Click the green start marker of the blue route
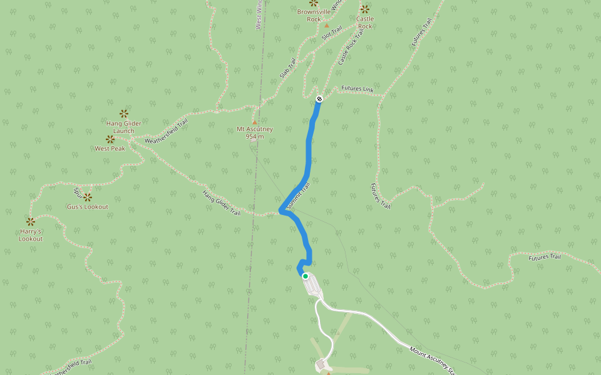click(306, 276)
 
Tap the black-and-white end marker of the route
click(319, 99)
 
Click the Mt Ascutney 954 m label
click(255, 133)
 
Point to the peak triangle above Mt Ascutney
click(255, 122)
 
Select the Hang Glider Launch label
click(124, 127)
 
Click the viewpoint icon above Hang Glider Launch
click(124, 113)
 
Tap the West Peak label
click(110, 149)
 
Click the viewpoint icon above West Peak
click(110, 139)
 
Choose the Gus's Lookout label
click(88, 207)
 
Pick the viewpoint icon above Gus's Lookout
click(88, 197)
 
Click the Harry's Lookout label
click(30, 235)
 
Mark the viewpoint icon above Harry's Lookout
click(30, 221)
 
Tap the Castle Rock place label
click(365, 22)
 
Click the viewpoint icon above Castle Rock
click(365, 9)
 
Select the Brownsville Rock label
click(314, 16)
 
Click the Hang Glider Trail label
click(222, 204)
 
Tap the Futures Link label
click(357, 89)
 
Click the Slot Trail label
click(332, 33)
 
